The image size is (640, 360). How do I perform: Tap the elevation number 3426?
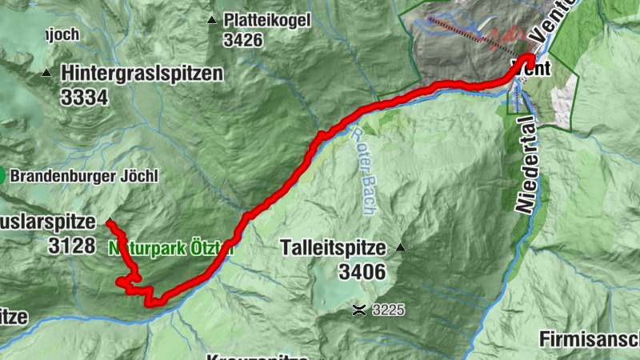(x=243, y=40)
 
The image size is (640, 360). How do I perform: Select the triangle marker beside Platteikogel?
(x=211, y=20)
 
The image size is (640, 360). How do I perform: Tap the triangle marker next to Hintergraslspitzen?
(x=46, y=74)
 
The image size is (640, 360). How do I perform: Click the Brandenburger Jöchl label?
(x=85, y=175)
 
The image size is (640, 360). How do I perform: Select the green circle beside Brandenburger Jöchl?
(x=2, y=174)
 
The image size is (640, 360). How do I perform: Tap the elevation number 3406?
(x=362, y=272)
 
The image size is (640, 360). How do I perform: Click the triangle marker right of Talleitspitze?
(x=401, y=249)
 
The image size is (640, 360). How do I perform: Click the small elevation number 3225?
(x=387, y=309)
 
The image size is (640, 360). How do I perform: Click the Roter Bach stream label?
(x=364, y=156)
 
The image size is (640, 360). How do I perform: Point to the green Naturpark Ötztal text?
(x=171, y=248)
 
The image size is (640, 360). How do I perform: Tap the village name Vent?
(x=535, y=69)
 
